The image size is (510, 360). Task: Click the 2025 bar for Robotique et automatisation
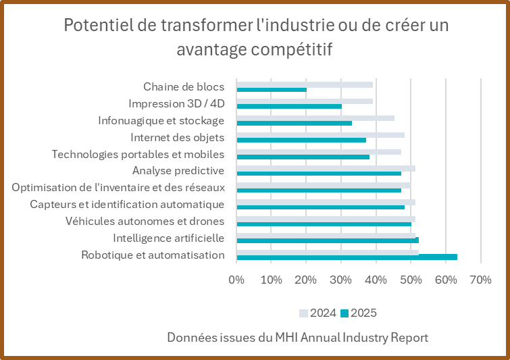347,257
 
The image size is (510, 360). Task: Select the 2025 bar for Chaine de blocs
271,90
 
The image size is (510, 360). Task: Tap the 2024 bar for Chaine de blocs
304,84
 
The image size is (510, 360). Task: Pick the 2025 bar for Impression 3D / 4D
288,106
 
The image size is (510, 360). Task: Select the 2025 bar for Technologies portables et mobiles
303,157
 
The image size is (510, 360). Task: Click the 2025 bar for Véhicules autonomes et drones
324,224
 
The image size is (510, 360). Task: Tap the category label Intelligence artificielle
168,238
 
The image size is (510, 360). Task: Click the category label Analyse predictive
178,170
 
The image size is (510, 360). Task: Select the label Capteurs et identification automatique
127,204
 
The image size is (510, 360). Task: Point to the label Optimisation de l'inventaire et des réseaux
118,187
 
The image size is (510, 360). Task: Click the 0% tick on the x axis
236,279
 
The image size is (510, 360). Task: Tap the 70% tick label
480,279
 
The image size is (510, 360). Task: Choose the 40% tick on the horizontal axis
376,279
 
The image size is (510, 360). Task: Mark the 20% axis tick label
306,279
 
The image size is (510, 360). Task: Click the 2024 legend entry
317,313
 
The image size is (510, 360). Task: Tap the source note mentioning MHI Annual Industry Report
298,337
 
